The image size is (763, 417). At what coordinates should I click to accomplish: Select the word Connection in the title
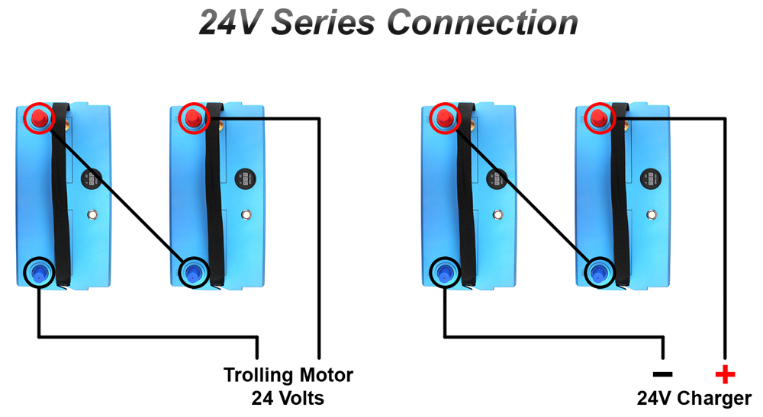pyautogui.click(x=481, y=23)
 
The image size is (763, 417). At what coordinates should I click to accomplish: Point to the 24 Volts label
pyautogui.click(x=288, y=398)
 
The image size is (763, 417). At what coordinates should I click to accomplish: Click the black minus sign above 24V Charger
pyautogui.click(x=662, y=374)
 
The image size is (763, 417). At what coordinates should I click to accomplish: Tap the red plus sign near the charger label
pyautogui.click(x=724, y=374)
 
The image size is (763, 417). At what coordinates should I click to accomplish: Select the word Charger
pyautogui.click(x=714, y=398)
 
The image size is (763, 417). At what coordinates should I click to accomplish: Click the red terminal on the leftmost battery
pyautogui.click(x=38, y=117)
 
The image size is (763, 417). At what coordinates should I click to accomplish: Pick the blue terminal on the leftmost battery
pyautogui.click(x=38, y=270)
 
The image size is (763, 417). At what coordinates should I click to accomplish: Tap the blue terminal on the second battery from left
pyautogui.click(x=193, y=271)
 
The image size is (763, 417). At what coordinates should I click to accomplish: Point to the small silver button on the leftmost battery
pyautogui.click(x=92, y=215)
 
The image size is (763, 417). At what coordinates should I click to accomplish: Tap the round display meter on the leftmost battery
pyautogui.click(x=91, y=178)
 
